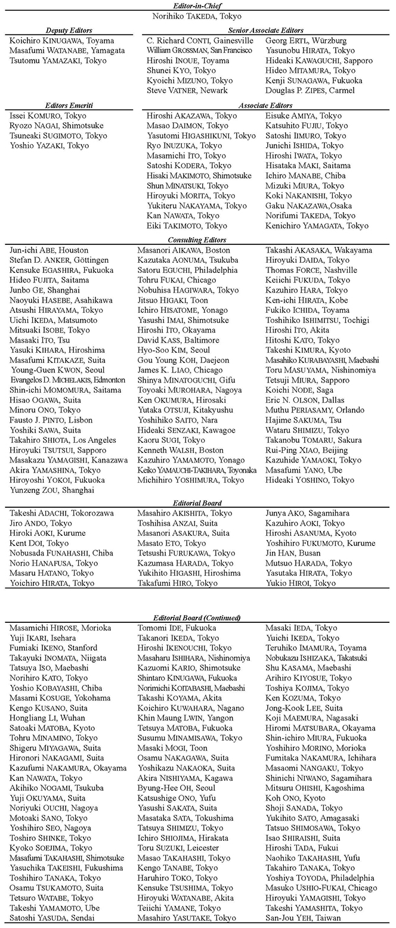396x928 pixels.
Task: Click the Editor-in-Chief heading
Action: pyautogui.click(x=198, y=5)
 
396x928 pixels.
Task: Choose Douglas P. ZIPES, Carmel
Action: pyautogui.click(x=310, y=91)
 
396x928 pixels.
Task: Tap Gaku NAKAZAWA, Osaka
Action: pyautogui.click(x=310, y=206)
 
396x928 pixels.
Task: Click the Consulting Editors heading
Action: pyautogui.click(x=198, y=240)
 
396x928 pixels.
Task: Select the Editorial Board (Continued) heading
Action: pyautogui.click(x=198, y=617)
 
